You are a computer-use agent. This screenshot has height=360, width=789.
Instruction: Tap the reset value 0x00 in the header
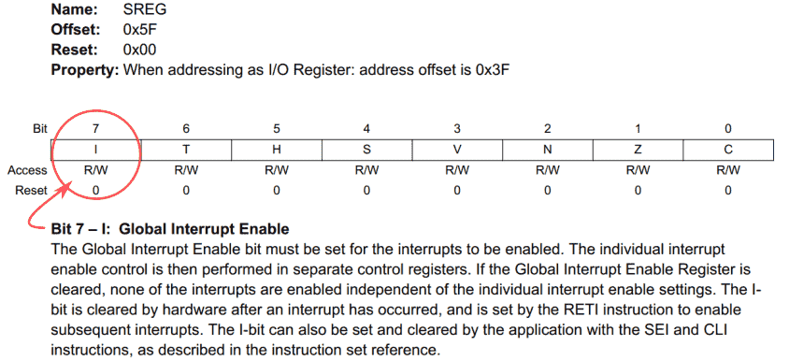click(140, 50)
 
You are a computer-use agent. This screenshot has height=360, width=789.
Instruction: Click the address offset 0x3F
click(490, 69)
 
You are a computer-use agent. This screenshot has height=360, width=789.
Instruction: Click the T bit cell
click(186, 150)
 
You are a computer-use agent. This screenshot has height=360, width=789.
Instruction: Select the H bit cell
click(277, 150)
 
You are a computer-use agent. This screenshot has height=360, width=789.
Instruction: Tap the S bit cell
click(367, 150)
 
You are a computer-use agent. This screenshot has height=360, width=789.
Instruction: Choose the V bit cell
click(457, 150)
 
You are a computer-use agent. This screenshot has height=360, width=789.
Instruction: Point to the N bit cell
click(548, 150)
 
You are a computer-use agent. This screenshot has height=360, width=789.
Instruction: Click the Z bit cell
click(638, 150)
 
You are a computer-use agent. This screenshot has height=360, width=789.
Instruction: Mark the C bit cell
click(728, 150)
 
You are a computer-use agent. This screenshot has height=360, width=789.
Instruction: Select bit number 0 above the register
click(728, 128)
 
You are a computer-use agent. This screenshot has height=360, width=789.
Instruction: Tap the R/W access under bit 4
click(367, 170)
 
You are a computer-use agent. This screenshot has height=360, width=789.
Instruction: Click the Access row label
click(27, 170)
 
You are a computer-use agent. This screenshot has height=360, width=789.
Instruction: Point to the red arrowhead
click(65, 188)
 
